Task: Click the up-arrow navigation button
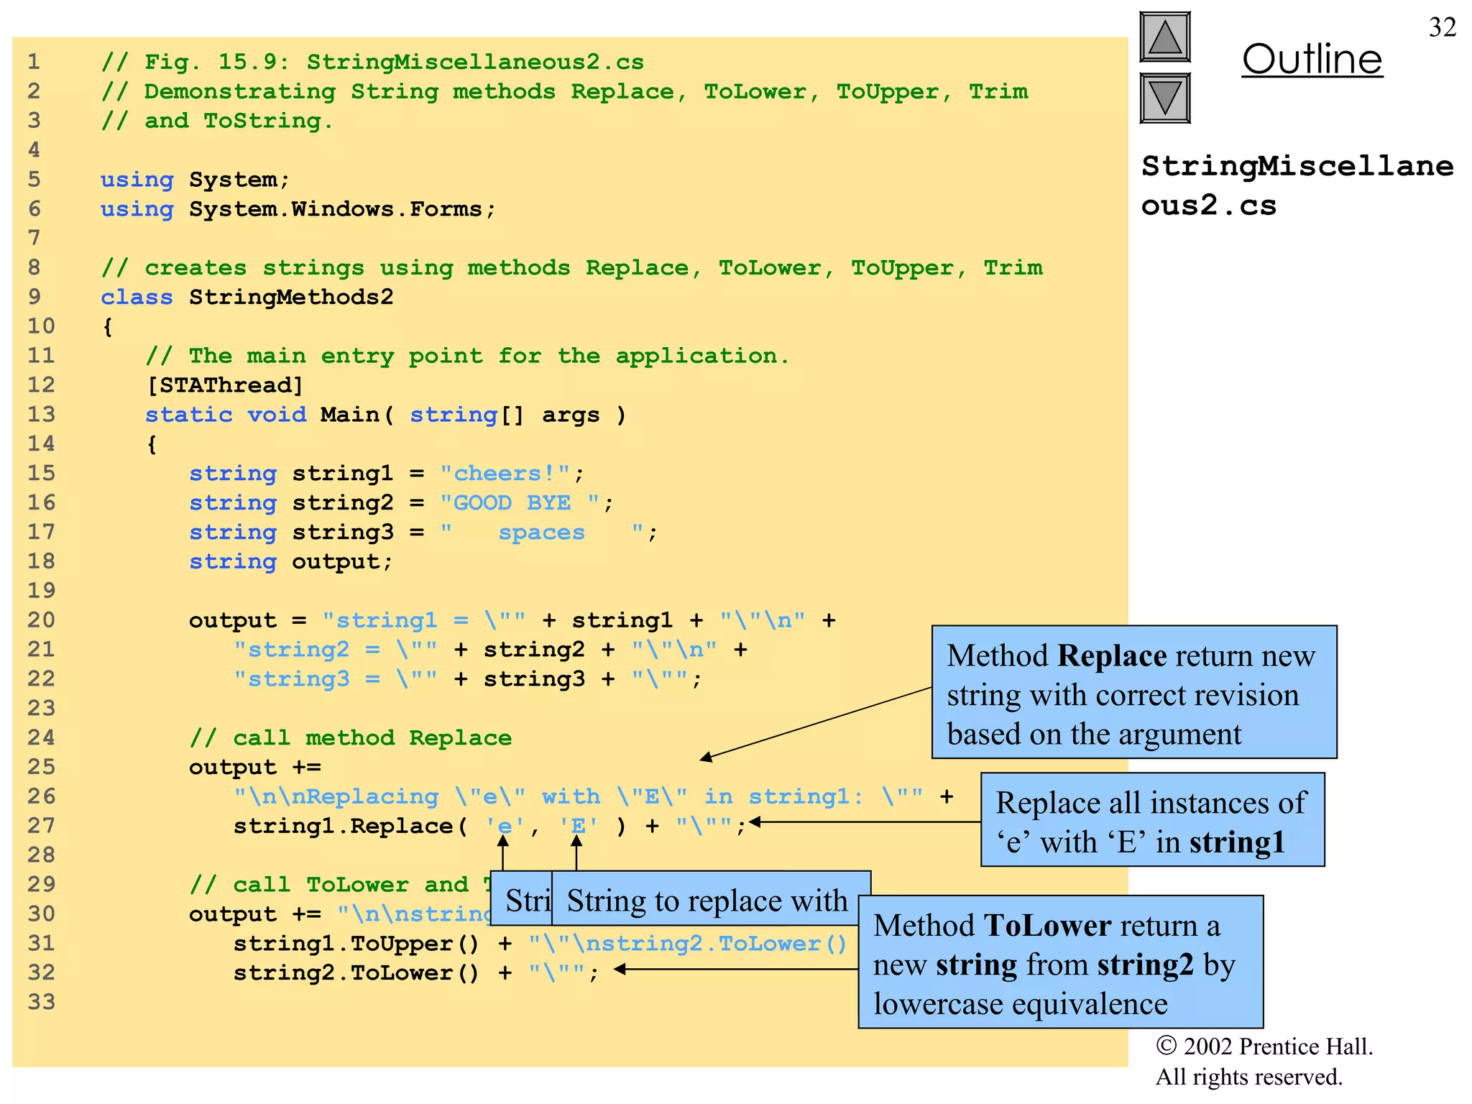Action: click(1164, 37)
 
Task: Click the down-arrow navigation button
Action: click(1164, 98)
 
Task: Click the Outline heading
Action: click(1312, 59)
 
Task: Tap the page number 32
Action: click(1442, 27)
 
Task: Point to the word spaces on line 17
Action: click(541, 533)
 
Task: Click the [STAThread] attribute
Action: click(225, 385)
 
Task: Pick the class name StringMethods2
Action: click(291, 297)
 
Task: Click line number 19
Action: click(41, 591)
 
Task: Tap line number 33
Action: click(41, 1002)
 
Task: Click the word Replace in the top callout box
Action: click(1112, 656)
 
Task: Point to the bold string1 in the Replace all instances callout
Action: click(1236, 842)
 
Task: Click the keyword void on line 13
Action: click(277, 415)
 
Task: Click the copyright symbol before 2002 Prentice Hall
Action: click(1166, 1046)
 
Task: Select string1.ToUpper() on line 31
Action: click(356, 944)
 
